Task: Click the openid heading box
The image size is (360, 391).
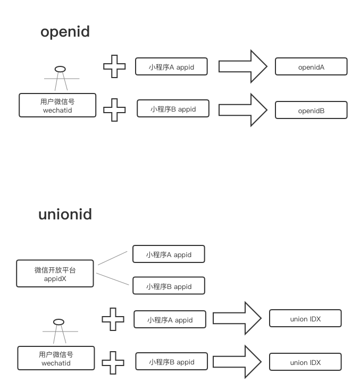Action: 65,30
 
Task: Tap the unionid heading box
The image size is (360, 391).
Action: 65,212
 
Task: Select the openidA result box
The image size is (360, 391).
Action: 311,66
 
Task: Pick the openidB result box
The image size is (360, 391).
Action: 311,110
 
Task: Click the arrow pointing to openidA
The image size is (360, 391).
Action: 242,66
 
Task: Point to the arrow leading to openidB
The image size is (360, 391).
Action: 242,109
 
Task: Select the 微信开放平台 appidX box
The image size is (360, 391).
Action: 55,273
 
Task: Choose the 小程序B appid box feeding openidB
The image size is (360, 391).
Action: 173,109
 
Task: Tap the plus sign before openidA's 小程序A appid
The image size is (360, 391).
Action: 114,67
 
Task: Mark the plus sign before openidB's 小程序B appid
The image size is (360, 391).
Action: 114,110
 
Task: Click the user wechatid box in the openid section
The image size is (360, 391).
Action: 57,105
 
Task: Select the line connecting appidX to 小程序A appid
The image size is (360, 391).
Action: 113,258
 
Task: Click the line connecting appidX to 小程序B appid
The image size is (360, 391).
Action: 113,279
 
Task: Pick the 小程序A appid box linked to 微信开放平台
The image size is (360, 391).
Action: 169,254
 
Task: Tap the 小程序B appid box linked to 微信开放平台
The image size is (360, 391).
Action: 169,286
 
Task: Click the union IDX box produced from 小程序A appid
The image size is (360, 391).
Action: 305,319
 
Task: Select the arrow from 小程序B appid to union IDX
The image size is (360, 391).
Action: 237,361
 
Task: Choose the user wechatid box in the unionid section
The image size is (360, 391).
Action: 56,358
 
